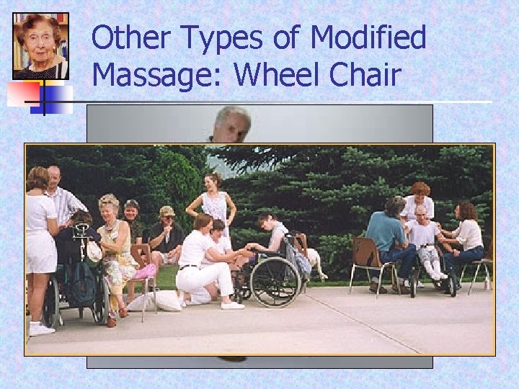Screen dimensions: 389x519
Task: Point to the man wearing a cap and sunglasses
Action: point(167,231)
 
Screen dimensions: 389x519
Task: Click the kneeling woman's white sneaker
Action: point(232,305)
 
